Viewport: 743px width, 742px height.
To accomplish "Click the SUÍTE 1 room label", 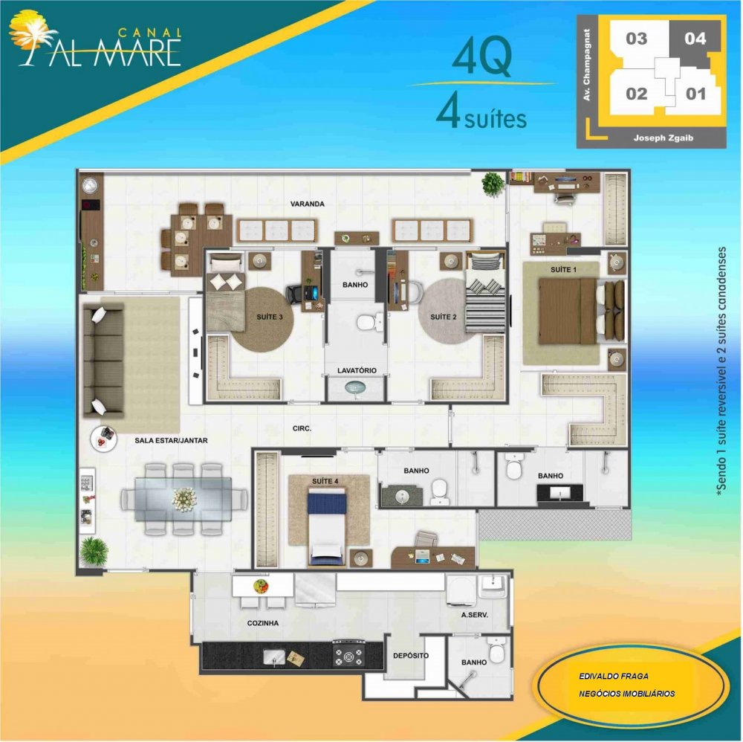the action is [x=563, y=270].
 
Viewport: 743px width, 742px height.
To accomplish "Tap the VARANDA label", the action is [x=308, y=204].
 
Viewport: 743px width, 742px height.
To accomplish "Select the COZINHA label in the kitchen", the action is [x=262, y=623].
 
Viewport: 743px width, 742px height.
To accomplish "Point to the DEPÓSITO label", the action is [x=411, y=656].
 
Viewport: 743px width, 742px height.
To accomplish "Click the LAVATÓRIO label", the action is [x=357, y=370].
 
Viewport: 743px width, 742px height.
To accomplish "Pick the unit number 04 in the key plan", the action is [x=695, y=39].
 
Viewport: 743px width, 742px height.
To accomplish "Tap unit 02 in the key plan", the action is [x=636, y=94].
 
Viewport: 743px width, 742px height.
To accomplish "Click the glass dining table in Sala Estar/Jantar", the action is [x=184, y=499].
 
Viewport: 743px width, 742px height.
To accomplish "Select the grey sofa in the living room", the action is [x=104, y=361].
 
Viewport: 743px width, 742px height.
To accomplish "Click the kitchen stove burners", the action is [x=349, y=655].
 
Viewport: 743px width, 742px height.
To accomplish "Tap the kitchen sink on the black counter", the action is [x=274, y=657].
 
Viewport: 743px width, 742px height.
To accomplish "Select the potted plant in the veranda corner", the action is [x=493, y=184].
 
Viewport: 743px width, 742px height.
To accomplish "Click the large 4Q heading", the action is [x=482, y=58].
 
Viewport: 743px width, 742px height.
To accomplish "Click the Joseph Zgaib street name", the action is [x=663, y=138].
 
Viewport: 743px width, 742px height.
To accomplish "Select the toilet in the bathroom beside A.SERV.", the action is [x=496, y=649].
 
